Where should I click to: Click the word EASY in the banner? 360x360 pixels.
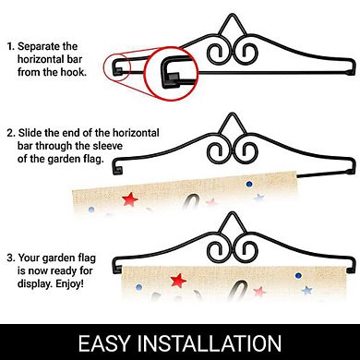pos(104,343)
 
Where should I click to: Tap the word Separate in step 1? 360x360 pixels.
pos(39,46)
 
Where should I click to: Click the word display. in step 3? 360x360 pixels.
pos(35,283)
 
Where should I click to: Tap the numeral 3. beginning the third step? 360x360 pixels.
pos(11,258)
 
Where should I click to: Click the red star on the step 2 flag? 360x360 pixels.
pos(129,199)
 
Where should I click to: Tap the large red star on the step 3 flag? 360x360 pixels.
pos(178,281)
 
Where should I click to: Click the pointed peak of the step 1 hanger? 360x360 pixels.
pos(233,15)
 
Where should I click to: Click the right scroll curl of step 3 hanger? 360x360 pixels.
pos(246,249)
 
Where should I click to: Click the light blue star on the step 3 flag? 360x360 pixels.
pos(306,290)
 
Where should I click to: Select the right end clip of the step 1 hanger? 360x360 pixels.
pos(351,67)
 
